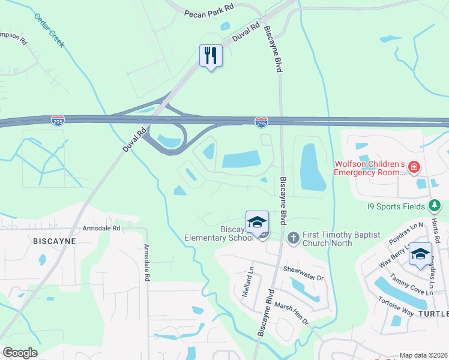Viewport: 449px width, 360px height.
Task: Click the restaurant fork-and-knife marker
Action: click(211, 56)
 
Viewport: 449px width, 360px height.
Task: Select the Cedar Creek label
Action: click(49, 30)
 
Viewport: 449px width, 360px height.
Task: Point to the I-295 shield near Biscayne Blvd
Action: click(261, 122)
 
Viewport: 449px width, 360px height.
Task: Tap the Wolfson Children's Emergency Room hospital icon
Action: click(413, 167)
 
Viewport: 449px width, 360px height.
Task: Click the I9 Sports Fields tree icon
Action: click(435, 206)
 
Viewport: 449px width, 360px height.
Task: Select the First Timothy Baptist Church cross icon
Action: click(293, 238)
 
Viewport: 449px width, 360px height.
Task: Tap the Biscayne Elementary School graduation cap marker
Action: click(256, 222)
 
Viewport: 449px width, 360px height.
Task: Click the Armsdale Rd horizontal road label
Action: click(103, 228)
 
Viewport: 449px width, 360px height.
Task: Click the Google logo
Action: click(20, 352)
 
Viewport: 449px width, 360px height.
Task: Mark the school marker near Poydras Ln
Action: click(421, 254)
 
